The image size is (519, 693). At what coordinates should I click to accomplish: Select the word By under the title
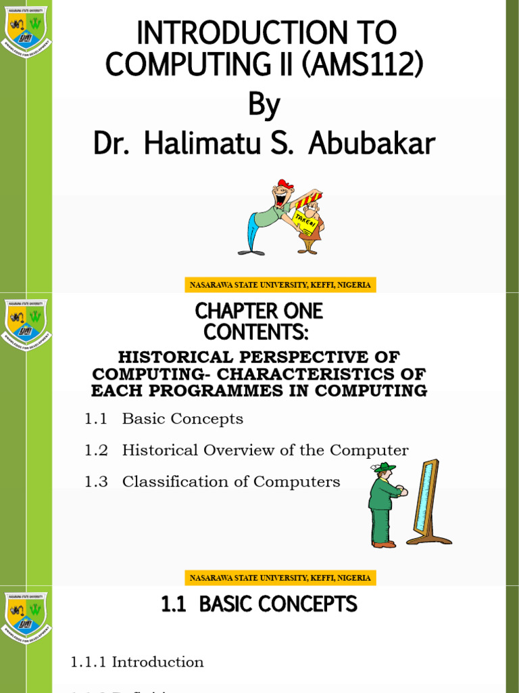264,106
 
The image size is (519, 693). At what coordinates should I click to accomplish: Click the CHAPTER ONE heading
259,311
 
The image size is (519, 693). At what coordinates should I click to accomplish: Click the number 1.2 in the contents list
96,450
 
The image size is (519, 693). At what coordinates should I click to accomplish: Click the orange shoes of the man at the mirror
384,543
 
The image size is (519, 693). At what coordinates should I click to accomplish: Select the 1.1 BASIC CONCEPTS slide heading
259,604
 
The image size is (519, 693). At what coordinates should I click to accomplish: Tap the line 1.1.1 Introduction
137,662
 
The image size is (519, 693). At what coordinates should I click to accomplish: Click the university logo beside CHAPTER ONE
26,323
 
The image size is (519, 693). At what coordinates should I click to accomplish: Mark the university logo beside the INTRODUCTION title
26,30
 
